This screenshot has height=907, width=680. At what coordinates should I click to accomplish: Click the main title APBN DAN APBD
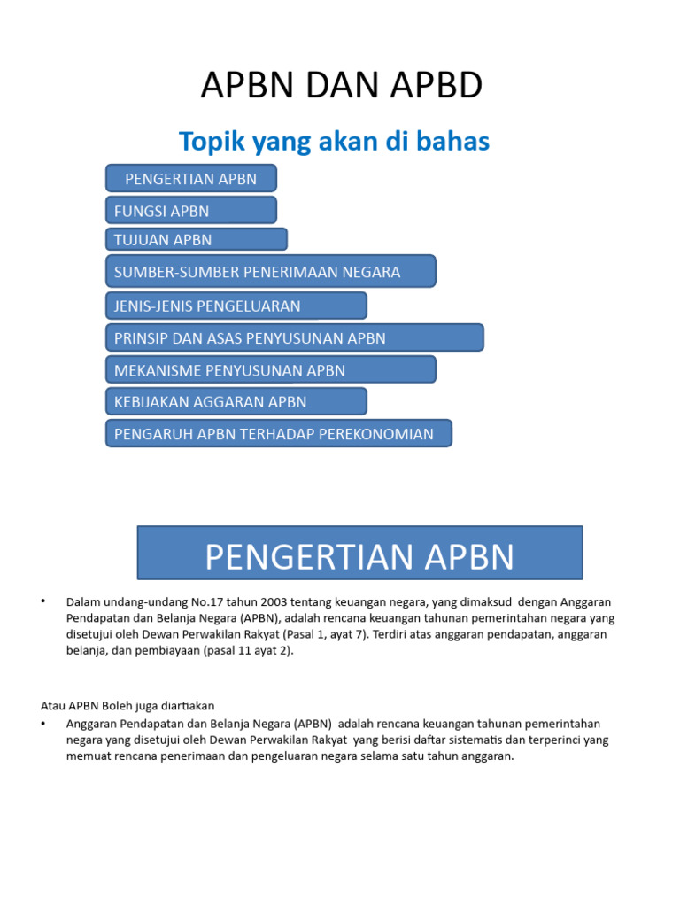341,86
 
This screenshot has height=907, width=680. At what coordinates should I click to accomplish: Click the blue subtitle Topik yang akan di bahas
334,141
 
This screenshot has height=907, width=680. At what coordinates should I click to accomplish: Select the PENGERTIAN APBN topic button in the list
191,178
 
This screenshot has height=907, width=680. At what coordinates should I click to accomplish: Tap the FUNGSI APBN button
191,211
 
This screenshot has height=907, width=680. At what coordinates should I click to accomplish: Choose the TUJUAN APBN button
197,239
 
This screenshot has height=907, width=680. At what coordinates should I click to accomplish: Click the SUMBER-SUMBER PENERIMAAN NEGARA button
270,271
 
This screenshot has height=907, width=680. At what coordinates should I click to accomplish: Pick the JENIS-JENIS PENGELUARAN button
236,306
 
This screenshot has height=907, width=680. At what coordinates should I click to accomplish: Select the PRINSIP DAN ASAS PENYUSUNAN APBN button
294,338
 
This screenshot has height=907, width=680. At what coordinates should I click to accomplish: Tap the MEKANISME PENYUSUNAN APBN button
270,370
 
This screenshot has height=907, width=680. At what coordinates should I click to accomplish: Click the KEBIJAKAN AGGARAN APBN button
236,402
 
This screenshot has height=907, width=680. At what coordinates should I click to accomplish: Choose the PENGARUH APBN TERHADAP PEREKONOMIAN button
278,434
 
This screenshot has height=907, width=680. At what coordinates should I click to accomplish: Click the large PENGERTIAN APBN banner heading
359,557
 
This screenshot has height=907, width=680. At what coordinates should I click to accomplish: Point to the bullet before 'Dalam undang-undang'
42,601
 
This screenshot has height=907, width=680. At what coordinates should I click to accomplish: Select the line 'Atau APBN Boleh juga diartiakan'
127,706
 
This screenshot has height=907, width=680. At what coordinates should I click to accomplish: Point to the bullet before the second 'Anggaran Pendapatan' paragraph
42,724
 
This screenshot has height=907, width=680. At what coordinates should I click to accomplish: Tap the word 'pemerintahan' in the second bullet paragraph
560,724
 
